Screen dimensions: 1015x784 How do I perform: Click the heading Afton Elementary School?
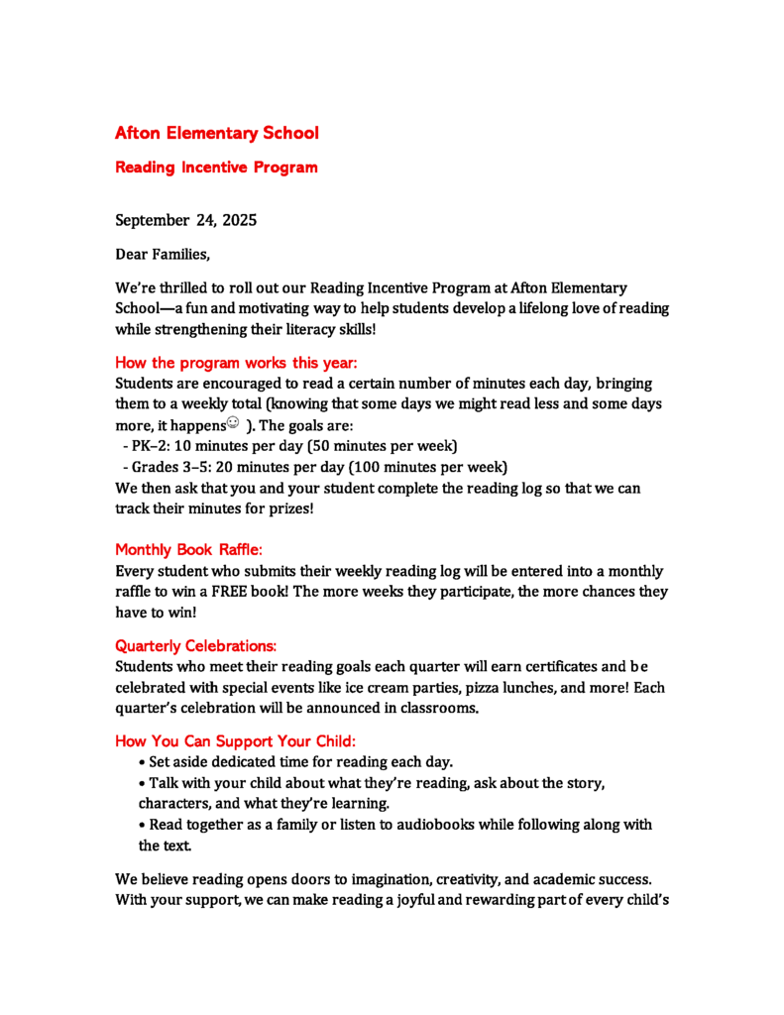(217, 133)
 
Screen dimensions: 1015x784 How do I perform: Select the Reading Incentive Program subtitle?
(216, 168)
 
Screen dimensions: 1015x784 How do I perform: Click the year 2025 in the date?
(240, 220)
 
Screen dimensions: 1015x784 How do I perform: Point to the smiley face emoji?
(233, 423)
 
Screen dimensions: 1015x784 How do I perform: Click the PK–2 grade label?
(149, 445)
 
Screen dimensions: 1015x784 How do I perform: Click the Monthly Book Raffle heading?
(188, 549)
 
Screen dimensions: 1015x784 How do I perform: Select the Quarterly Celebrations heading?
(196, 645)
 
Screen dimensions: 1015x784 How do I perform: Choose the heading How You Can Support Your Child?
(235, 740)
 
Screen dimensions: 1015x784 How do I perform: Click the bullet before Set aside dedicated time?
(143, 762)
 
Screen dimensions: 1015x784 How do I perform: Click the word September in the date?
(153, 220)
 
